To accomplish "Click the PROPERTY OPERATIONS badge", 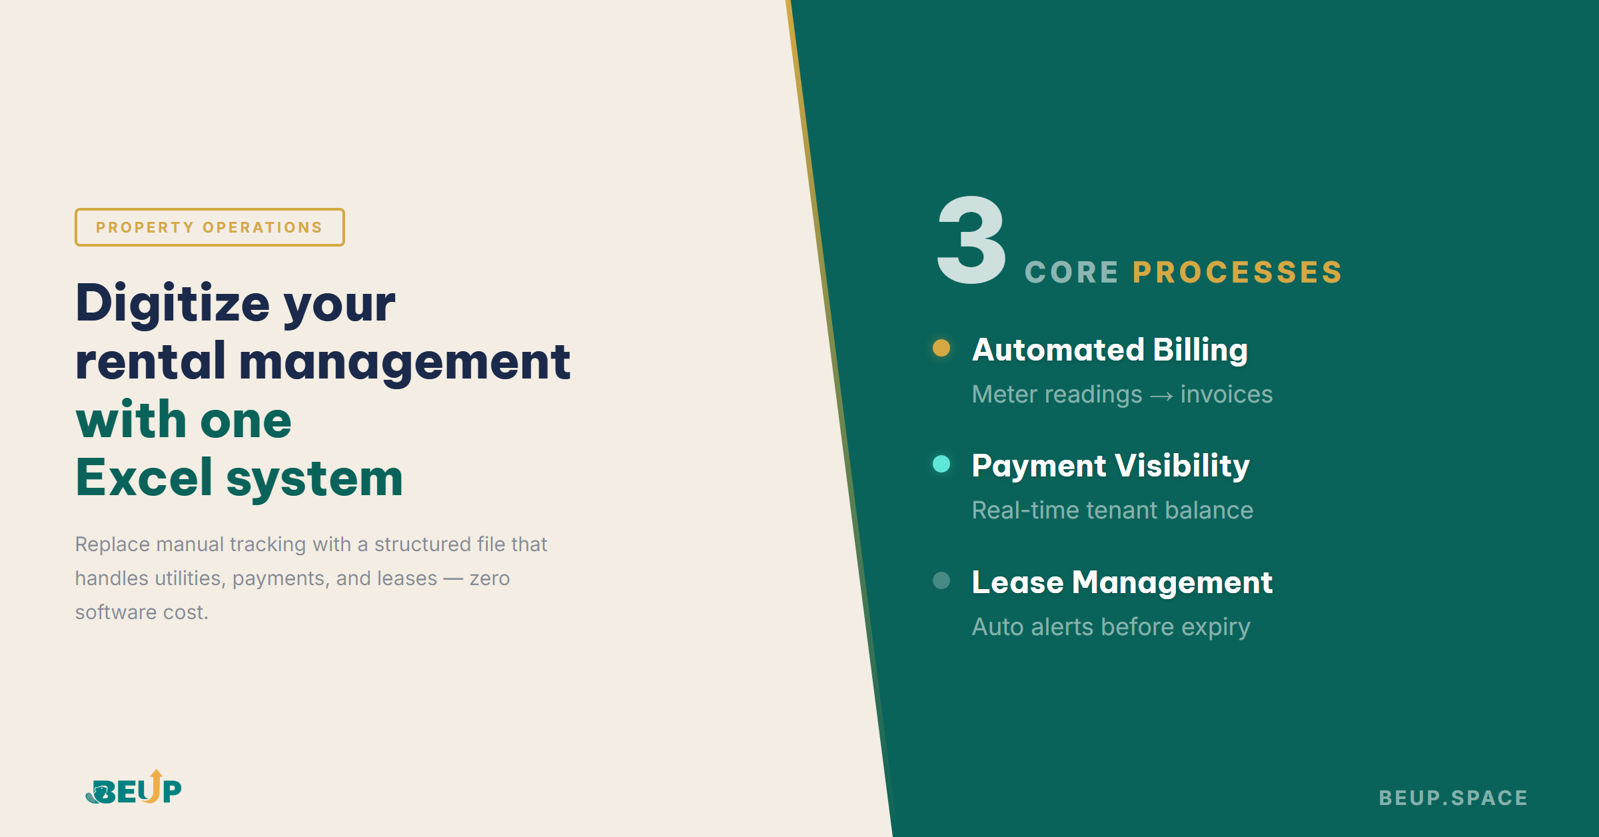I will click(x=209, y=227).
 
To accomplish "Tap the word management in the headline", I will click(x=404, y=362).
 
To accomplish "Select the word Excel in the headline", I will click(x=144, y=478).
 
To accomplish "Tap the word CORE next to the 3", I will click(x=1071, y=273).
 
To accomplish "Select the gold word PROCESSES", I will click(x=1237, y=273).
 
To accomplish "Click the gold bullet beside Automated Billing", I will click(x=941, y=348).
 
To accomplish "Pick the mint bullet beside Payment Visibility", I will click(x=941, y=464).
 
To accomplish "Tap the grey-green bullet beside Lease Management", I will click(x=941, y=580).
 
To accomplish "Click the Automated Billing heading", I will click(x=1109, y=350).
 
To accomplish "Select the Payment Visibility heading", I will click(x=1111, y=466).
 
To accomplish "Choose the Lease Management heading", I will click(x=1122, y=582).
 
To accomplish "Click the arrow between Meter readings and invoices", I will click(x=1161, y=396).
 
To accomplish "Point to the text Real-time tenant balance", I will click(x=1112, y=510).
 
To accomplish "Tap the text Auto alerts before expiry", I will click(x=1111, y=627).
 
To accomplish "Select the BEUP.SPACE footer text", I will click(x=1453, y=798).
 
